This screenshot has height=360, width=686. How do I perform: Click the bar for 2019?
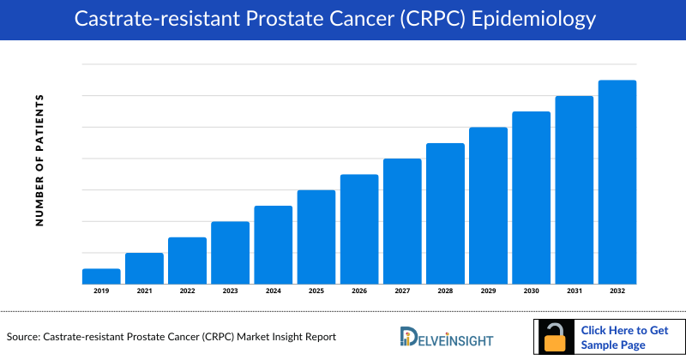[x=101, y=276]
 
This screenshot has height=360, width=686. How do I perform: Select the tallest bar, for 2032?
[x=617, y=182]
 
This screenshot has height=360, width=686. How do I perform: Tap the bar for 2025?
[x=316, y=237]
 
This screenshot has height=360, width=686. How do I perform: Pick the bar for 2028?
[x=445, y=213]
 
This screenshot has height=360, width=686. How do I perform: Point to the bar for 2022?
[x=187, y=260]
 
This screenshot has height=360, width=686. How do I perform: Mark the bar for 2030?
[x=531, y=197]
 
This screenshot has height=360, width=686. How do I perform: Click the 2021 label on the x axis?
[x=144, y=291]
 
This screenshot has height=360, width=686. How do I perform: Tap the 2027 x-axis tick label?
[x=402, y=291]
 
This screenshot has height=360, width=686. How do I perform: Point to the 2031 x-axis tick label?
[x=574, y=291]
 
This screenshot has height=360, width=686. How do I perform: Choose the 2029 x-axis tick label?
[x=488, y=291]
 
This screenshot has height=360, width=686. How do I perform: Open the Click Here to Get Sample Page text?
[x=625, y=337]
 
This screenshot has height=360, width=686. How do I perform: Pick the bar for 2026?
[x=359, y=229]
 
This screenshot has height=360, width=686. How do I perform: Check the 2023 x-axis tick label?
[x=230, y=291]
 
